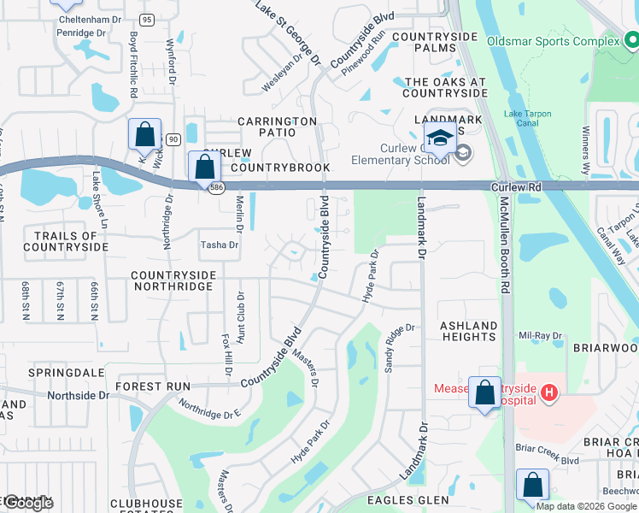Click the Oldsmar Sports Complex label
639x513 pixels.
pos(553,41)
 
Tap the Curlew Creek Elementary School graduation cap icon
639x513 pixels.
pos(440,138)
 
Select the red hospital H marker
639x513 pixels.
pos(550,393)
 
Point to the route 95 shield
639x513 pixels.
pos(147,20)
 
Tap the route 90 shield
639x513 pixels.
pos(173,139)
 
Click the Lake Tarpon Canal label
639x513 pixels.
pos(527,119)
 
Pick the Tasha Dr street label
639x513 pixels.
pos(219,244)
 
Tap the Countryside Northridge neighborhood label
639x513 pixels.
pos(171,280)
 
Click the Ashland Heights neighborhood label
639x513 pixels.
pos(468,331)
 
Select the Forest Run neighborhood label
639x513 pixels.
pos(154,386)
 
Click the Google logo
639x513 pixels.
pos(27,503)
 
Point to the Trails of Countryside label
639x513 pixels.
pos(66,241)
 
